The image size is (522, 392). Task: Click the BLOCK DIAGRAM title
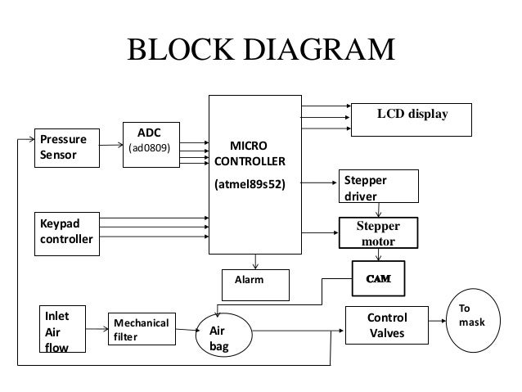(x=260, y=50)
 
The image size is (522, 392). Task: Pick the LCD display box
(x=412, y=117)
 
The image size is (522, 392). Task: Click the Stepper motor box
(x=377, y=232)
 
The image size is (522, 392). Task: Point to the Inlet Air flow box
(x=63, y=329)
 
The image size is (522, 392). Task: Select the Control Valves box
(x=386, y=326)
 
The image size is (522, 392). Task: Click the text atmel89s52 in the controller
(x=250, y=185)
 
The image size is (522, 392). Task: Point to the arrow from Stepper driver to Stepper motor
(x=377, y=210)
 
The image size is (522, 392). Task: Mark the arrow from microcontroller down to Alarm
(x=255, y=261)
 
